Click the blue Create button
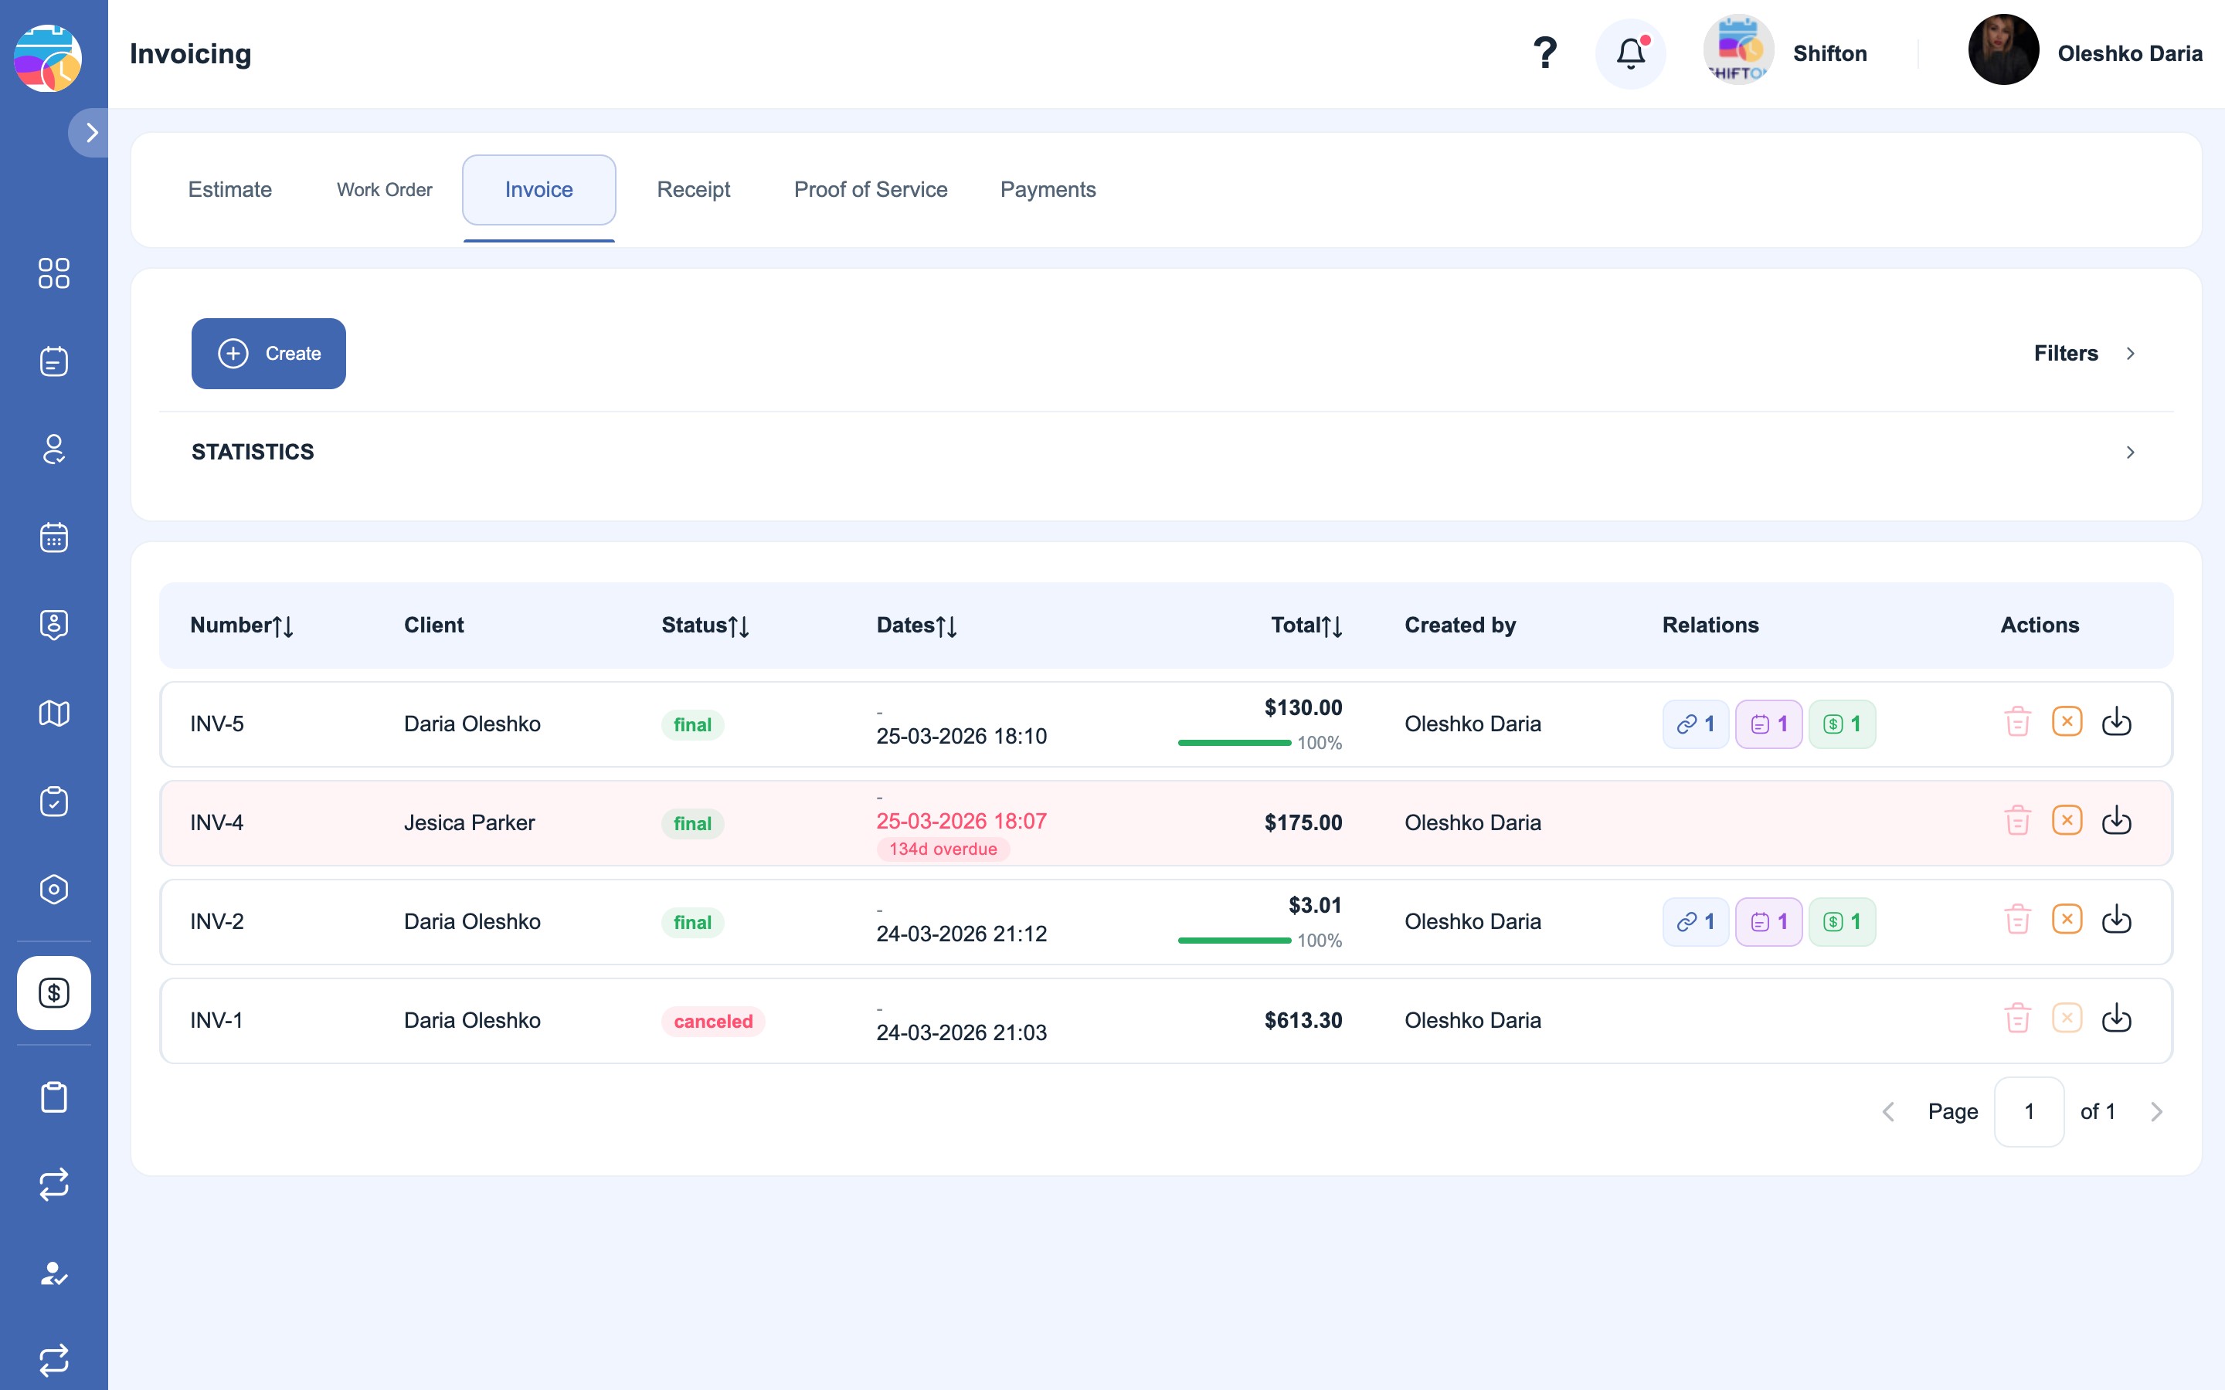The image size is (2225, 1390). click(x=269, y=353)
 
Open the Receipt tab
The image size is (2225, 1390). click(x=693, y=189)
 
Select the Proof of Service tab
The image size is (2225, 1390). click(x=871, y=189)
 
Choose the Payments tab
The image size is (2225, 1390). click(x=1048, y=189)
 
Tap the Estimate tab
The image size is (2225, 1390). click(x=230, y=189)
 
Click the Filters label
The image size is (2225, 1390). click(x=2066, y=353)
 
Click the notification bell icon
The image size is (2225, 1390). click(x=1631, y=53)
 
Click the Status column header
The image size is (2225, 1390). click(x=705, y=625)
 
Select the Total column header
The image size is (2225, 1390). click(x=1306, y=625)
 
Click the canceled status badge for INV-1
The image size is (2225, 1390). click(x=714, y=1022)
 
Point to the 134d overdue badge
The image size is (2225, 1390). click(x=943, y=849)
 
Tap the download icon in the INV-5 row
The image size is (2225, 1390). click(x=2117, y=722)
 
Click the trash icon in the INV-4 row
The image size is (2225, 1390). click(x=2017, y=820)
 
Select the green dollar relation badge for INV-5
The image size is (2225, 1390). click(x=1842, y=724)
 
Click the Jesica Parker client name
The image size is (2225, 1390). click(x=469, y=822)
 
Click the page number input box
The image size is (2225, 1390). click(x=2030, y=1111)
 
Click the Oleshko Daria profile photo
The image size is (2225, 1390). click(x=2003, y=49)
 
